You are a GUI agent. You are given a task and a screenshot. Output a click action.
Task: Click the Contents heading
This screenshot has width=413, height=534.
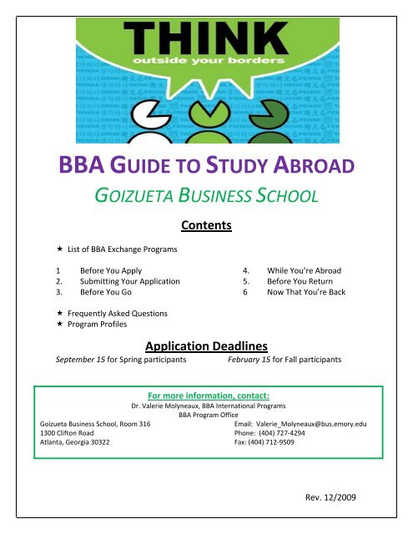coord(206,225)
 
